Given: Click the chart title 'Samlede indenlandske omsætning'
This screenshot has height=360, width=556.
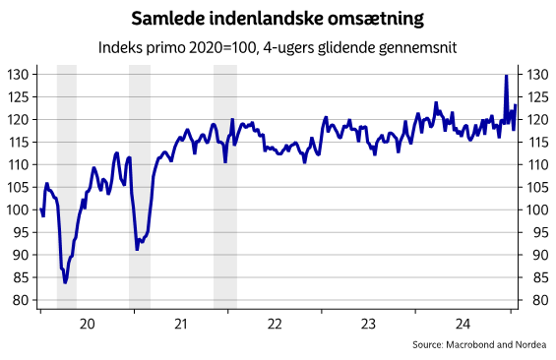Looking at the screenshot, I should click(x=278, y=19).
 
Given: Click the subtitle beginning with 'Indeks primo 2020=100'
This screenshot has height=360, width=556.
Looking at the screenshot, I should click(x=278, y=46).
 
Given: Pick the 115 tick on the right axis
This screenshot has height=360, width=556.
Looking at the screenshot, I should click(x=537, y=142).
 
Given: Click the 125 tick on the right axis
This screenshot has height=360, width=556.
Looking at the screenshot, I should click(x=537, y=97).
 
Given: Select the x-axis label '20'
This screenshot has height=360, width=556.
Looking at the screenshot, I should click(x=86, y=324).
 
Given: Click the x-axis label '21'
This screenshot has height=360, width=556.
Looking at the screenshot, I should click(x=180, y=324).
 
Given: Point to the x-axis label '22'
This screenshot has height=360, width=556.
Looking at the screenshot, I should click(x=275, y=324).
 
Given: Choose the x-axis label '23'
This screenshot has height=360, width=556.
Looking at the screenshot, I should click(x=369, y=324).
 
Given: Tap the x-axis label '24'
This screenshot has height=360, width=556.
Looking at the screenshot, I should click(x=463, y=324).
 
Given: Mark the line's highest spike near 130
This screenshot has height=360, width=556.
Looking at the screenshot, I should click(x=506, y=76).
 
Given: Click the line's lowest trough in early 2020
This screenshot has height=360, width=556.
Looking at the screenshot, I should click(x=65, y=282).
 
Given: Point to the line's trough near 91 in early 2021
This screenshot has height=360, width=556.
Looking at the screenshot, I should click(x=137, y=249).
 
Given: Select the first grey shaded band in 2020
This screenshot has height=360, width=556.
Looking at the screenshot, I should click(x=66, y=187).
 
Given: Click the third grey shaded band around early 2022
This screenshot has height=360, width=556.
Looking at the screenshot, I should click(x=225, y=187).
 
